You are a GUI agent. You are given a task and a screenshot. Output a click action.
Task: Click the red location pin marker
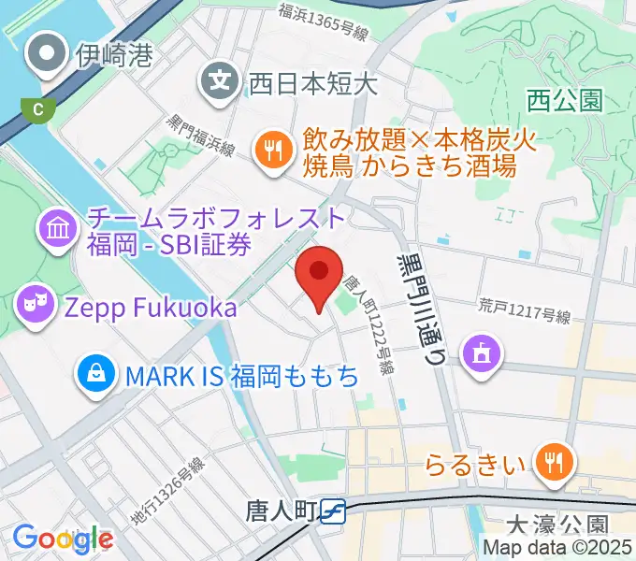click(318, 273)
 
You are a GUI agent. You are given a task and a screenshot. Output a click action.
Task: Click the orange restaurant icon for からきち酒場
click(273, 151)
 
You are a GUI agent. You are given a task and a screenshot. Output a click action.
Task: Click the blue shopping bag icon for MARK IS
click(96, 375)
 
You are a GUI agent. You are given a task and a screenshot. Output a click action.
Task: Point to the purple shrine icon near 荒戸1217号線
click(484, 353)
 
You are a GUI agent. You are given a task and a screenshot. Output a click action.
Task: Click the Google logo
click(63, 539)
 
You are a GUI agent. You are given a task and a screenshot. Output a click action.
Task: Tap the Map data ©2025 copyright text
click(558, 548)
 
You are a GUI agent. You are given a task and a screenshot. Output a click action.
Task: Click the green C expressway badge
click(38, 108)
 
